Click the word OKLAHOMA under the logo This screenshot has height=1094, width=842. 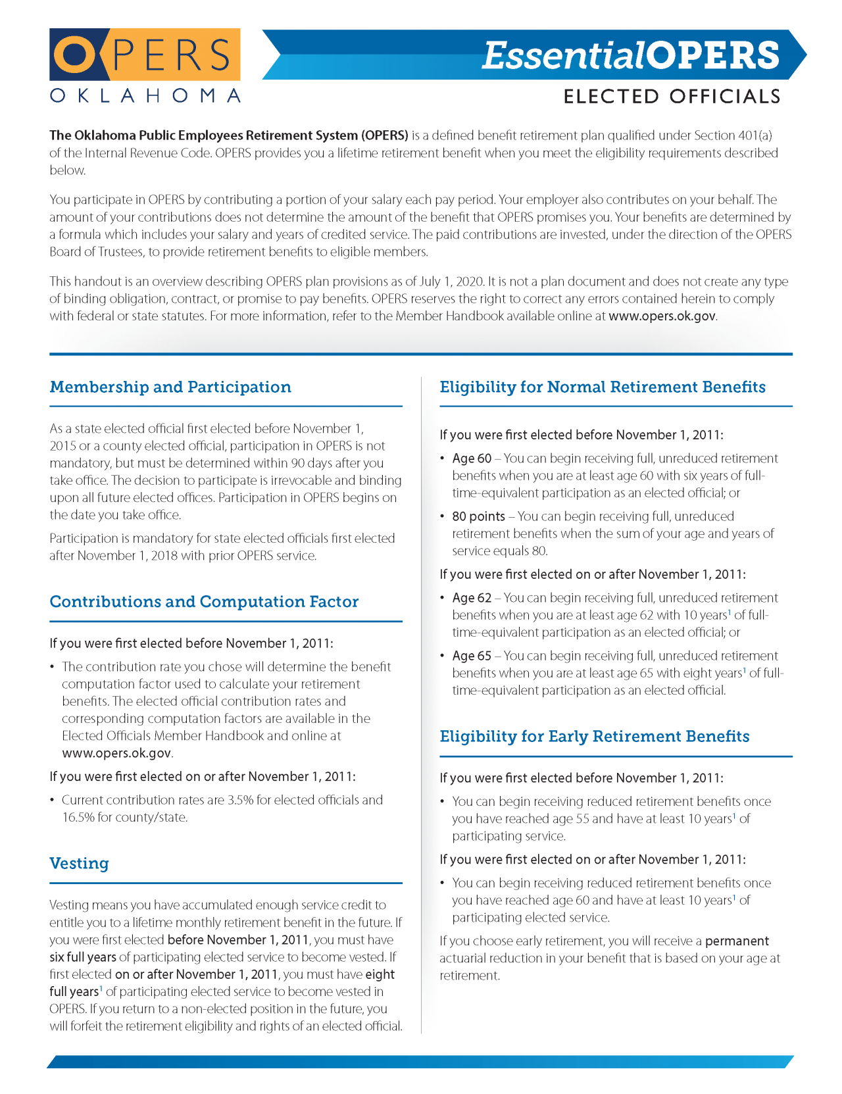(145, 96)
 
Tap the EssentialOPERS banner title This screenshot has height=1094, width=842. (630, 55)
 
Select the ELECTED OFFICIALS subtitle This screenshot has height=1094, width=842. (672, 97)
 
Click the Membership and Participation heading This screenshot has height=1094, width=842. (170, 387)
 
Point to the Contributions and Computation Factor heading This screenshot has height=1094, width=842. (204, 602)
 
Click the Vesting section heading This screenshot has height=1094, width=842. (79, 863)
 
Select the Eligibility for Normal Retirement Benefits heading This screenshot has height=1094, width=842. (603, 387)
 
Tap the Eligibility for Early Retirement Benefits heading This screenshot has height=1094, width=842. (595, 736)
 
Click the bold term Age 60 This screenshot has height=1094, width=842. (472, 459)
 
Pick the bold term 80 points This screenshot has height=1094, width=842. (478, 516)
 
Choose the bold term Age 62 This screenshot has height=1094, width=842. (472, 598)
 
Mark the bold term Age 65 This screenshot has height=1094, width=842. (472, 656)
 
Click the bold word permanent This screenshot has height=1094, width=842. (737, 941)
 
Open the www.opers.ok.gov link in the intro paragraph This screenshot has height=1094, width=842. (662, 316)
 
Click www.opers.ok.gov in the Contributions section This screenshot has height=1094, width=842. (116, 753)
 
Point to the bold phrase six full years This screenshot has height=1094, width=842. (83, 957)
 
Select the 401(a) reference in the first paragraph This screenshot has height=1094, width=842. (755, 136)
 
